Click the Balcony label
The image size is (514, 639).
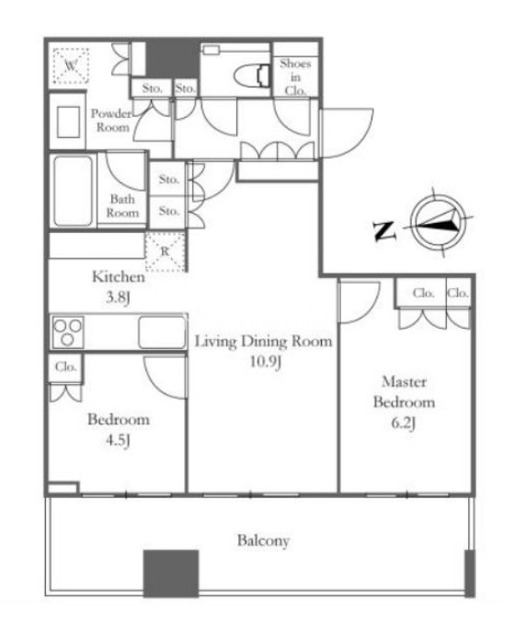263,540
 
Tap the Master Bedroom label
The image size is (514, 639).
404,392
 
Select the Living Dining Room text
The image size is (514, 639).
263,341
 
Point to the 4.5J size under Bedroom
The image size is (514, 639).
118,440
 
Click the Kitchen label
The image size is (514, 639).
119,277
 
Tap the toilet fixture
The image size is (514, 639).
252,76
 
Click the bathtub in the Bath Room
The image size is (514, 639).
73,191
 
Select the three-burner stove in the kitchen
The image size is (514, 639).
68,331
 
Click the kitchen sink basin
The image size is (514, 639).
162,332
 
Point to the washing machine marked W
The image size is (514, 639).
71,65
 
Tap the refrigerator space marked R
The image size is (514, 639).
166,251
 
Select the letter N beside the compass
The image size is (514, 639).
384,230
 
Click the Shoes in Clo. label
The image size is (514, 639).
295,76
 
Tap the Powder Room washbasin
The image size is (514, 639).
68,122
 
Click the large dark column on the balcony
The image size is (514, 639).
171,574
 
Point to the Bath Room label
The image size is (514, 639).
122,206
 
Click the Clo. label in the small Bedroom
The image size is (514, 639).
66,366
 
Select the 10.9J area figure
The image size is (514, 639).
265,362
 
